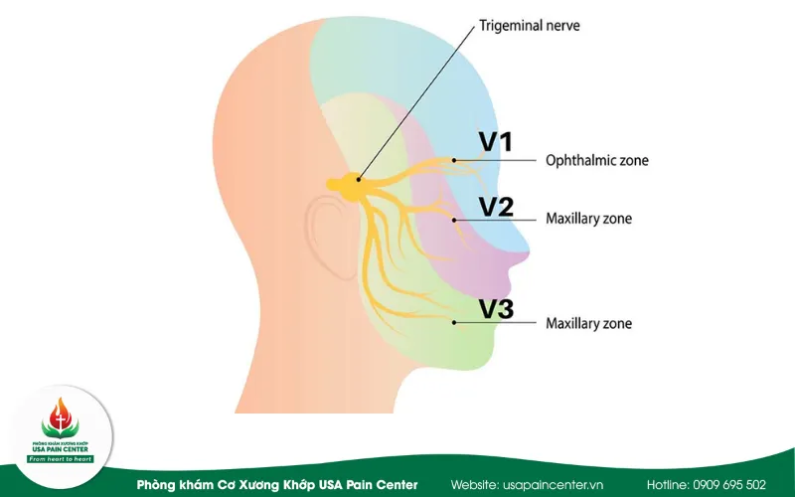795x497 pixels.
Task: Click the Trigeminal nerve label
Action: pos(530,26)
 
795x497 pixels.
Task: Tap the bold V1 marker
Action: pos(496,141)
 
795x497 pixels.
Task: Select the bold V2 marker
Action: pos(496,207)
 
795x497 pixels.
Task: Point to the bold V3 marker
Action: pos(496,309)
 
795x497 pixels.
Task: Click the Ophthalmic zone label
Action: pos(597,160)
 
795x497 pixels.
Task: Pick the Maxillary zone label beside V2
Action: pos(588,219)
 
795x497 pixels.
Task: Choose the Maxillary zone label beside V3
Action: pos(588,323)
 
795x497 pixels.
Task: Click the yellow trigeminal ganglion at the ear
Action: pos(350,186)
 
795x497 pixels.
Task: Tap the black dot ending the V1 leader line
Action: pos(454,160)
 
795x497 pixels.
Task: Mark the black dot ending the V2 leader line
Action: pos(454,220)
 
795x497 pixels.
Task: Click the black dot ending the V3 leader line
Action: pos(454,322)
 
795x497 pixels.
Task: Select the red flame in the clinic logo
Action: pos(61,414)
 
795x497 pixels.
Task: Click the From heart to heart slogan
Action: pos(61,459)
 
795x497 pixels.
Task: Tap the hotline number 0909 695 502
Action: pos(729,485)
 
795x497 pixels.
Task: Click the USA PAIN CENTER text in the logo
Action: pos(61,449)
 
